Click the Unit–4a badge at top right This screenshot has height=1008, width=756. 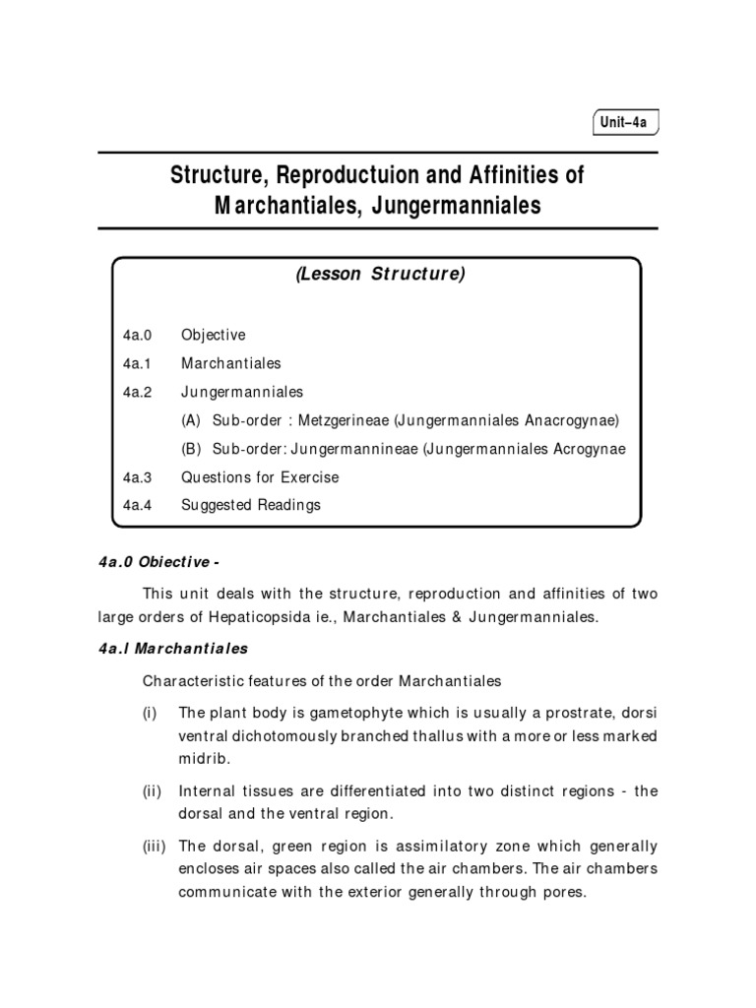(624, 123)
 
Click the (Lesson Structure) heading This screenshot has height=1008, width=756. (379, 275)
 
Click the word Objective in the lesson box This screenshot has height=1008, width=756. (214, 335)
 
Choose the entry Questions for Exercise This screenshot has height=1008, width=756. (260, 477)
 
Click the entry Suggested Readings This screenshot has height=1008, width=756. (251, 505)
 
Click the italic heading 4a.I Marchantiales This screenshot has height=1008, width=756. (173, 649)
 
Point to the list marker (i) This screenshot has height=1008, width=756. (152, 712)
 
